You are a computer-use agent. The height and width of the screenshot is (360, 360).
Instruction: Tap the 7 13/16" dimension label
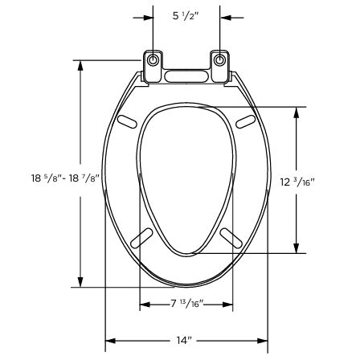[x=186, y=304]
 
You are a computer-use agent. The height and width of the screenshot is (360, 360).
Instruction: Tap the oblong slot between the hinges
[x=186, y=77]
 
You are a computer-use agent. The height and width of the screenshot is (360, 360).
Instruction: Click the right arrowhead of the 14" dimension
[x=264, y=341]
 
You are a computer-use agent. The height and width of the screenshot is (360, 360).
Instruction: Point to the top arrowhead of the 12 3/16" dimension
[x=297, y=111]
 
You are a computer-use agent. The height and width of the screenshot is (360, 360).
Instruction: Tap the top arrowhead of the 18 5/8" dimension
[x=80, y=63]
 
